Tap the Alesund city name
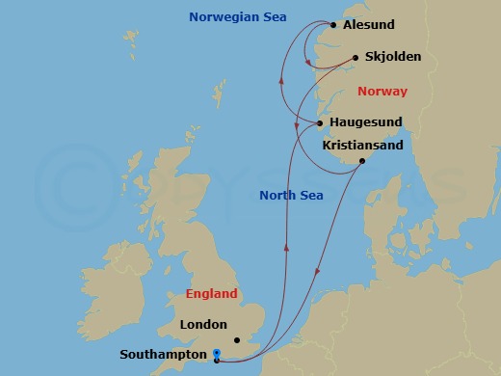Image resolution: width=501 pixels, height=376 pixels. click(370, 26)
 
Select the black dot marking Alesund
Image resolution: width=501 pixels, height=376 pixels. click(333, 25)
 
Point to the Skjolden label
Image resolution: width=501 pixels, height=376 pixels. click(393, 58)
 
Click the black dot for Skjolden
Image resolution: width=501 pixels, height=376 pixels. click(356, 57)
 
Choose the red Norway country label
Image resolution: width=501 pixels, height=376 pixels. click(382, 92)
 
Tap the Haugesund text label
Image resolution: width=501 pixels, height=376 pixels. click(365, 123)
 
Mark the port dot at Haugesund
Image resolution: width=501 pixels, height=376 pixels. click(320, 123)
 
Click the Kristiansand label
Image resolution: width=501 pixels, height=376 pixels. click(362, 144)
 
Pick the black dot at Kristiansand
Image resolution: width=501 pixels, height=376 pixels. click(361, 160)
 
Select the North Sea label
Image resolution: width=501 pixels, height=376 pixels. click(291, 196)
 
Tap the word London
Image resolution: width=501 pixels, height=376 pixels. click(203, 325)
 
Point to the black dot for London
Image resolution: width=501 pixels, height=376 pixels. click(236, 339)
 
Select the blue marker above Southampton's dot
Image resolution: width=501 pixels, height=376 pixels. click(217, 353)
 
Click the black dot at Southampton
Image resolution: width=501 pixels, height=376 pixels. click(217, 361)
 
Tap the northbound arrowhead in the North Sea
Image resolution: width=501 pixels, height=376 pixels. click(287, 248)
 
